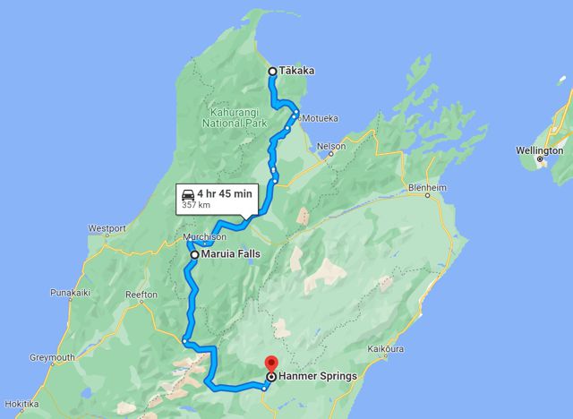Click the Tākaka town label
(x=296, y=71)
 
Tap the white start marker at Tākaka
(x=273, y=72)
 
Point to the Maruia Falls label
(x=230, y=254)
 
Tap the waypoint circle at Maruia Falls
(x=193, y=254)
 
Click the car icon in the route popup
(x=188, y=193)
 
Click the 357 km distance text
(x=196, y=205)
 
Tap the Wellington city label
(x=540, y=150)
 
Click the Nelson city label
(x=331, y=145)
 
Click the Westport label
(x=107, y=227)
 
